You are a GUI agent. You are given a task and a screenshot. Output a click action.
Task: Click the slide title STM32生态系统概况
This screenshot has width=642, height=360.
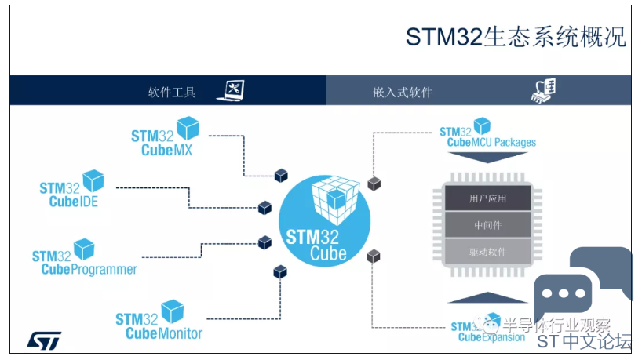516,36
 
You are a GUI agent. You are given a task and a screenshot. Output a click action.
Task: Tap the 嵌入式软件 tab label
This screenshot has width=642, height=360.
403,92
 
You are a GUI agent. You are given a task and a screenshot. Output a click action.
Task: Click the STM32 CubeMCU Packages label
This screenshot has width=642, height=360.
487,136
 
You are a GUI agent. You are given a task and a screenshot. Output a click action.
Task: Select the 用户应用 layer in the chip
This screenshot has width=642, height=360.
487,198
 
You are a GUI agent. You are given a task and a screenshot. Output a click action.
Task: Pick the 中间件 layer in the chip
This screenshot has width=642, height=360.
487,225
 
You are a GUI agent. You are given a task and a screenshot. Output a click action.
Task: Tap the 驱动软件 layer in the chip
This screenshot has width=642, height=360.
487,252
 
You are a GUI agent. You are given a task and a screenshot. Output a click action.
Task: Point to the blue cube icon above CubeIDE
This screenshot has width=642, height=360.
93,180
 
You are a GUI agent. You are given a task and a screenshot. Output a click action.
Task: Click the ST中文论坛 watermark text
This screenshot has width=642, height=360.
585,344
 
